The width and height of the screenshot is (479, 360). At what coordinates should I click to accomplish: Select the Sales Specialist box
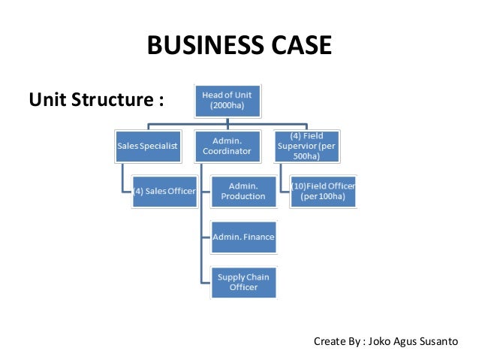click(146, 147)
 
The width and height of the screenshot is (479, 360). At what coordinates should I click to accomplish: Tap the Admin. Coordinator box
click(227, 147)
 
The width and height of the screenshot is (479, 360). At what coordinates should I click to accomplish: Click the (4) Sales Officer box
click(164, 191)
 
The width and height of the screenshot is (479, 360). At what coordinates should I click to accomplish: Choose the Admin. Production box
click(243, 191)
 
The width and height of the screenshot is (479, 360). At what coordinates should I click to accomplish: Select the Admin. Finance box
click(243, 237)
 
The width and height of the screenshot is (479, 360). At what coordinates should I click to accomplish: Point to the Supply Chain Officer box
click(243, 283)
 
